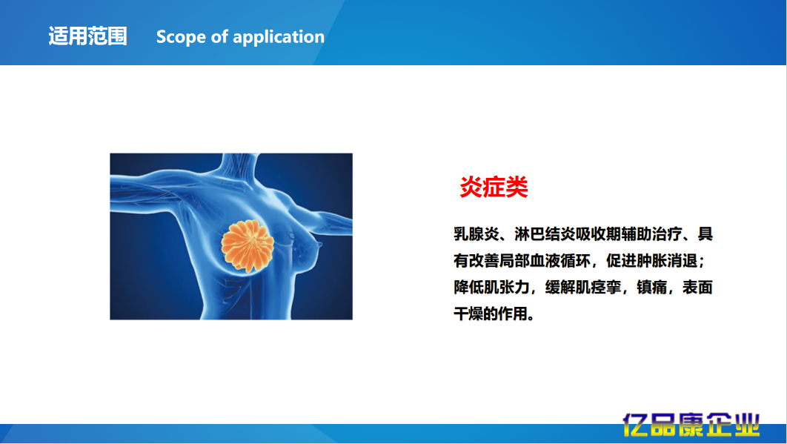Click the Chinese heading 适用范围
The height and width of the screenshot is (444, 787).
pyautogui.click(x=87, y=36)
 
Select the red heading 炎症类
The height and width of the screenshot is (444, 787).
pyautogui.click(x=494, y=188)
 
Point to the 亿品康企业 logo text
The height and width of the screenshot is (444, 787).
pyautogui.click(x=691, y=425)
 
